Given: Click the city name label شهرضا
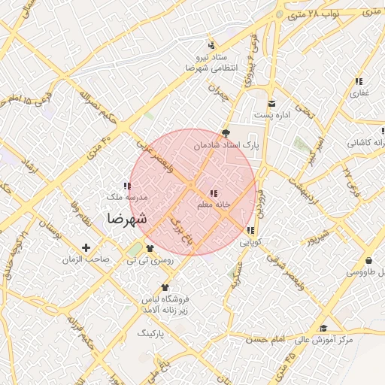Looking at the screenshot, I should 126,219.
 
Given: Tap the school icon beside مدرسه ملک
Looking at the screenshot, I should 126,185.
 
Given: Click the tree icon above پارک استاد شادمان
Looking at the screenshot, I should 226,132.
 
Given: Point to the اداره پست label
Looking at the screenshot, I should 271,115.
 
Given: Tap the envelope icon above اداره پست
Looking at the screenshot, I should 271,102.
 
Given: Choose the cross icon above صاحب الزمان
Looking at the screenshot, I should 86,247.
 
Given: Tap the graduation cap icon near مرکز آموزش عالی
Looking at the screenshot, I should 323,328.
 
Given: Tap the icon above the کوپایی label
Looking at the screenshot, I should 250,230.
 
